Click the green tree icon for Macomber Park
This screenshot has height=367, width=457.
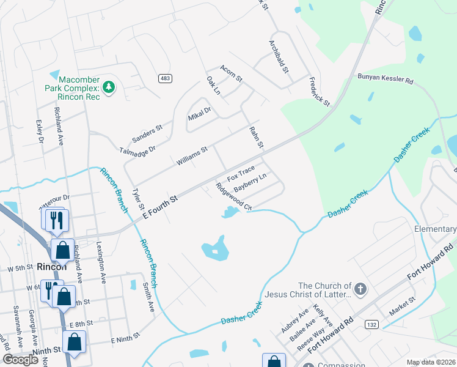pos(109,87)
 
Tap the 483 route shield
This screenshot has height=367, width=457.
pos(165,78)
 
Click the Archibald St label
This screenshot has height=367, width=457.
pos(279,57)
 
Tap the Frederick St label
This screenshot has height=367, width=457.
pos(319,91)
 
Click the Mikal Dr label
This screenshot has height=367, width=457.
pos(199,113)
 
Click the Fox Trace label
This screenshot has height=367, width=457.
pos(241,174)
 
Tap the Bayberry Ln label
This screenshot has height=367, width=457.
pos(250,182)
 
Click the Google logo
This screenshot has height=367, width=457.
pos(20,359)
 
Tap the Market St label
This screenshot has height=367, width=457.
pos(402,305)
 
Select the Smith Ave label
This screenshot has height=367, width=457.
pos(148,296)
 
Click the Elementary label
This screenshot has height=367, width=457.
pos(435,229)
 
